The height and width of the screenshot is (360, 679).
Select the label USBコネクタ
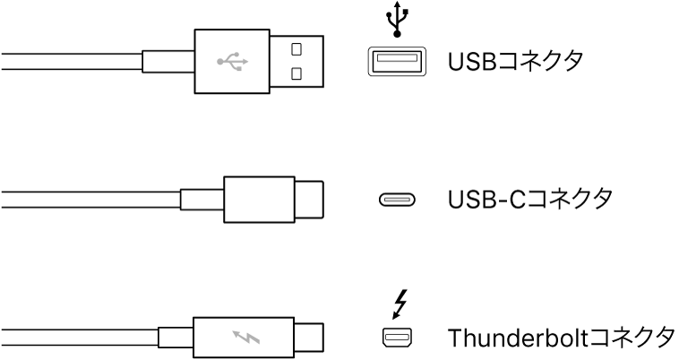pos(516,62)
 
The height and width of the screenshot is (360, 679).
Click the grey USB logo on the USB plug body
pos(232,62)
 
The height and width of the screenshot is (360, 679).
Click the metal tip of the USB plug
pos(297,62)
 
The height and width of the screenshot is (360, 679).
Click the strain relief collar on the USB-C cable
pos(202,199)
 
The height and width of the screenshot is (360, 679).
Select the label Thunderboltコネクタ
pos(560,338)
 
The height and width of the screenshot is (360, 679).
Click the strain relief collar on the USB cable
pos(168,62)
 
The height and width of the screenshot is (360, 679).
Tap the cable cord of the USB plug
pos(72,62)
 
